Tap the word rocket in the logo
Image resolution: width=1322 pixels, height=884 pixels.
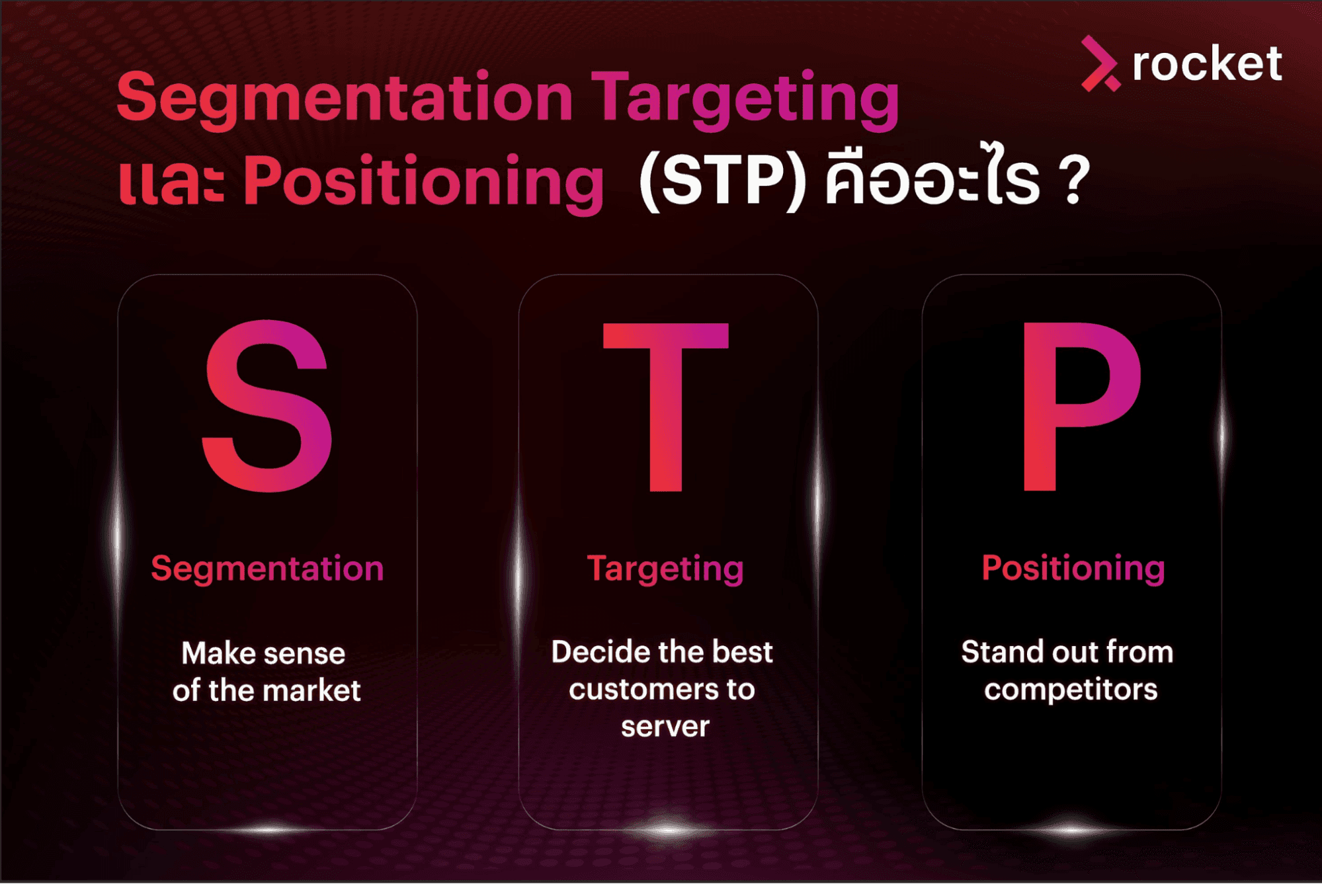1207,64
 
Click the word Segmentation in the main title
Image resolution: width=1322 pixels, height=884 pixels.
345,99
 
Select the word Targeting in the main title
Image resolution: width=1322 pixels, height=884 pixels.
746,99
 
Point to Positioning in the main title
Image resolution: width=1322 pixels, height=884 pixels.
423,181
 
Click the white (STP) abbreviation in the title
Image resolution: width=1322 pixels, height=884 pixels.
723,181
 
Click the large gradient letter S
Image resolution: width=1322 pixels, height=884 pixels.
267,406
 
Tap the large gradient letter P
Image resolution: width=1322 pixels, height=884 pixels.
1079,406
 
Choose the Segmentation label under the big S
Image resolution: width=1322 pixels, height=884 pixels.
267,569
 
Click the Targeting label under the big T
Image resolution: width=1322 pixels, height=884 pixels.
665,569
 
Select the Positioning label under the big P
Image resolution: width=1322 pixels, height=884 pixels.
1073,568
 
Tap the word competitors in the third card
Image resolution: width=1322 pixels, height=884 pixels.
1071,690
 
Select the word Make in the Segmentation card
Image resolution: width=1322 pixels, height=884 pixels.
219,654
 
